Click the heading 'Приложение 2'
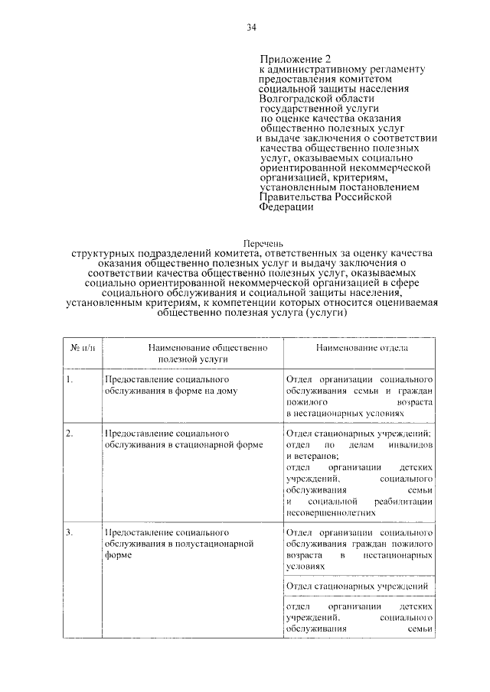[x=298, y=59]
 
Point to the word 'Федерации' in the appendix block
[x=286, y=207]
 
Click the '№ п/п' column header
[x=82, y=347]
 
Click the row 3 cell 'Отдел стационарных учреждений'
[x=355, y=586]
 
